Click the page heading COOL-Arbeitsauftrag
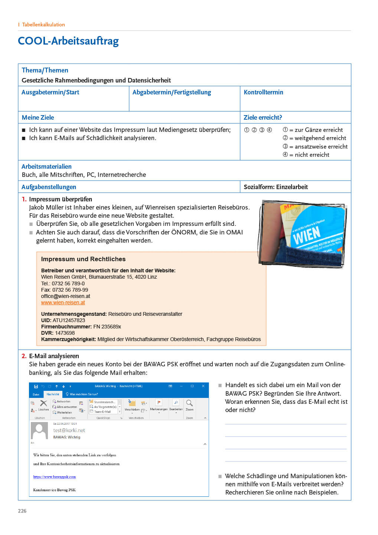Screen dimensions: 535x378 tap(68, 41)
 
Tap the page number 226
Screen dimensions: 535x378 tap(22, 511)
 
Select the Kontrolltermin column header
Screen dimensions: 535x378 tap(263, 92)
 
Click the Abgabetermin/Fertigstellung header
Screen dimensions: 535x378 tap(172, 92)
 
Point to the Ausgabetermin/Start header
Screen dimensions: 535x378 tap(50, 92)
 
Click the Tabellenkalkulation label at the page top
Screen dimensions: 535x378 tap(43, 25)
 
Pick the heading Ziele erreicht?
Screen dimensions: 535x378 tap(263, 117)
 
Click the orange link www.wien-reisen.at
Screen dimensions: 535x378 tap(63, 302)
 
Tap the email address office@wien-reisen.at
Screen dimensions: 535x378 tap(65, 296)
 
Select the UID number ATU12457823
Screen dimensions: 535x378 tap(69, 320)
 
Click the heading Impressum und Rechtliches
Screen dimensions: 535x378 tap(83, 259)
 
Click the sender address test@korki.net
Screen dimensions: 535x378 tap(69, 430)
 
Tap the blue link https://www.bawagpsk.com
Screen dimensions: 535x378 tap(54, 477)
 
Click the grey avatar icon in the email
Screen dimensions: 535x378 tap(39, 431)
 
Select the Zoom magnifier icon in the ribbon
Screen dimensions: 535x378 tap(189, 403)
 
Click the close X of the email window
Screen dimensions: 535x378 tap(203, 386)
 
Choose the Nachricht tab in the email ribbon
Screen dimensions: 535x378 tap(53, 394)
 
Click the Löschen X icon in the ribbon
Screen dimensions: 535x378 tap(43, 403)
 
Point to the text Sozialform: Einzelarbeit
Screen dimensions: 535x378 tap(276, 187)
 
